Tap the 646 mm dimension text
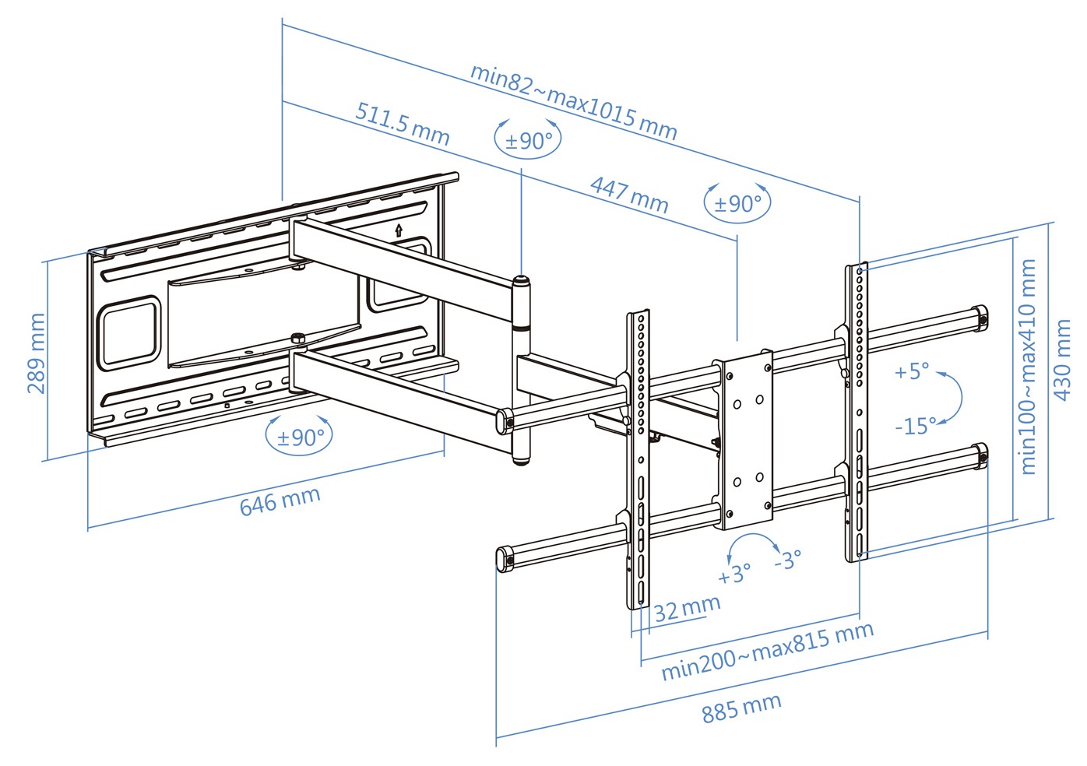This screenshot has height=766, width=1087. coord(280,501)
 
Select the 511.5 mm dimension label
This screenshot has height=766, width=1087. coord(403,123)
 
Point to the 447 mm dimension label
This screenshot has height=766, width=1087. coord(629,195)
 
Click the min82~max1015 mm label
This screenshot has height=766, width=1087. coord(573,100)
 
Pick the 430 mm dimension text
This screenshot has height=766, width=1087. coord(1062,360)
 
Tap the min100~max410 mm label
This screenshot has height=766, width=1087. coord(1028,367)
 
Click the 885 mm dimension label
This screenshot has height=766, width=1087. coord(741,708)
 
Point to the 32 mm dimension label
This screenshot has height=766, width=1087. coord(687,608)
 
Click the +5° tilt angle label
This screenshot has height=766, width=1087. coord(912,371)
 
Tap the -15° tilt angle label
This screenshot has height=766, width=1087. coord(916,426)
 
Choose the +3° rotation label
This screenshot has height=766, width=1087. coord(734,574)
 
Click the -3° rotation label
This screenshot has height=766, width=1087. coord(788,560)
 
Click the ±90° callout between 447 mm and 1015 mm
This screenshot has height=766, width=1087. coord(738,203)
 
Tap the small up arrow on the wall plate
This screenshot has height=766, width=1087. coord(399,230)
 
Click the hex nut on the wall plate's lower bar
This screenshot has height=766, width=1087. coord(296,339)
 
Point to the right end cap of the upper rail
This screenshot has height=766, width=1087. coord(980,318)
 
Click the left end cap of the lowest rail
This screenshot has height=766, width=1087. coord(505,558)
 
